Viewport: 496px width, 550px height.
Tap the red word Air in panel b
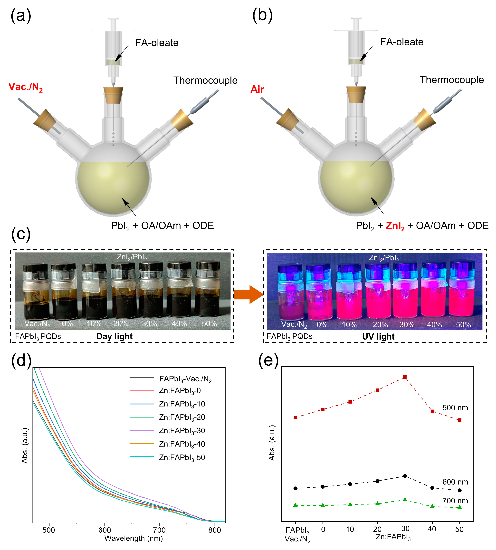257,89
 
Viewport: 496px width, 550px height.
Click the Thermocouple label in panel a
205,81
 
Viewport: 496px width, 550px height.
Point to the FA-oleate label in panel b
402,42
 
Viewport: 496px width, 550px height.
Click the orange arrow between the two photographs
248,295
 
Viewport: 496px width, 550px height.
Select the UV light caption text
378,337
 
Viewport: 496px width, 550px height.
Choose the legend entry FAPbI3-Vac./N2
185,379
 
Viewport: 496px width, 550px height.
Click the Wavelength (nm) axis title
134,538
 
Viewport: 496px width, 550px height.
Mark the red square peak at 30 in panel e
405,377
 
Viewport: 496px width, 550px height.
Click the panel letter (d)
21,361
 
